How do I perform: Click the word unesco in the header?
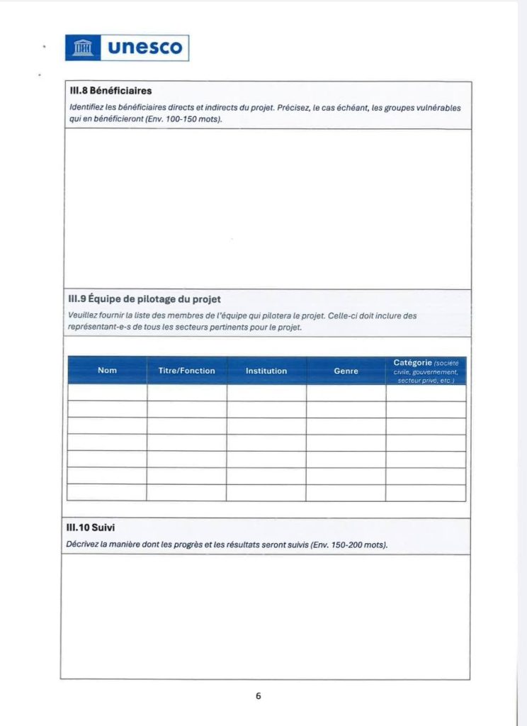pos(144,48)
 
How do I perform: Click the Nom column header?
pos(107,370)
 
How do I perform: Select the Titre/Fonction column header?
pos(187,370)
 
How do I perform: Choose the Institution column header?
pos(266,370)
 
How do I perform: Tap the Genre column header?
pos(346,370)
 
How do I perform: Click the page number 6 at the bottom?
pos(259,696)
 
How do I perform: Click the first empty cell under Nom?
pos(107,393)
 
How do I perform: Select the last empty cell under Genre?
pos(346,493)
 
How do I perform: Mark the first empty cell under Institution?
pos(266,393)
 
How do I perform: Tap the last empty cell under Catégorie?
pos(426,493)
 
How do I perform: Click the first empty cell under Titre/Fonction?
pos(187,393)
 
